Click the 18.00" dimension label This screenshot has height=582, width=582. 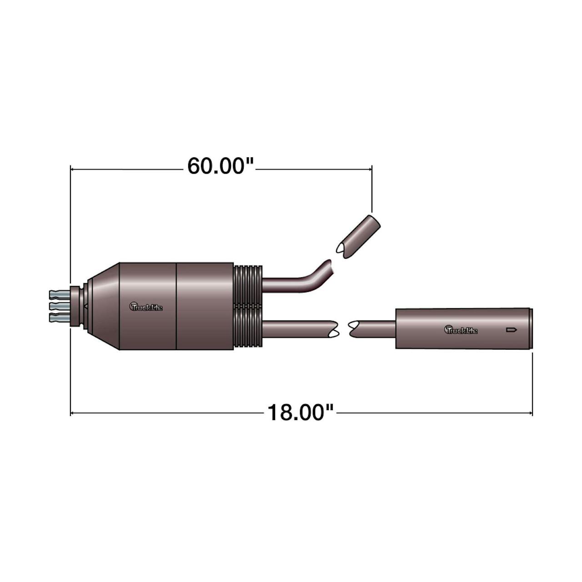point(301,412)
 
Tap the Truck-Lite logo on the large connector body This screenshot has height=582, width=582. point(146,306)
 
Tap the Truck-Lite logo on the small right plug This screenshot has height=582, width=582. point(461,330)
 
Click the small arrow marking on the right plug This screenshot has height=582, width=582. point(512,330)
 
